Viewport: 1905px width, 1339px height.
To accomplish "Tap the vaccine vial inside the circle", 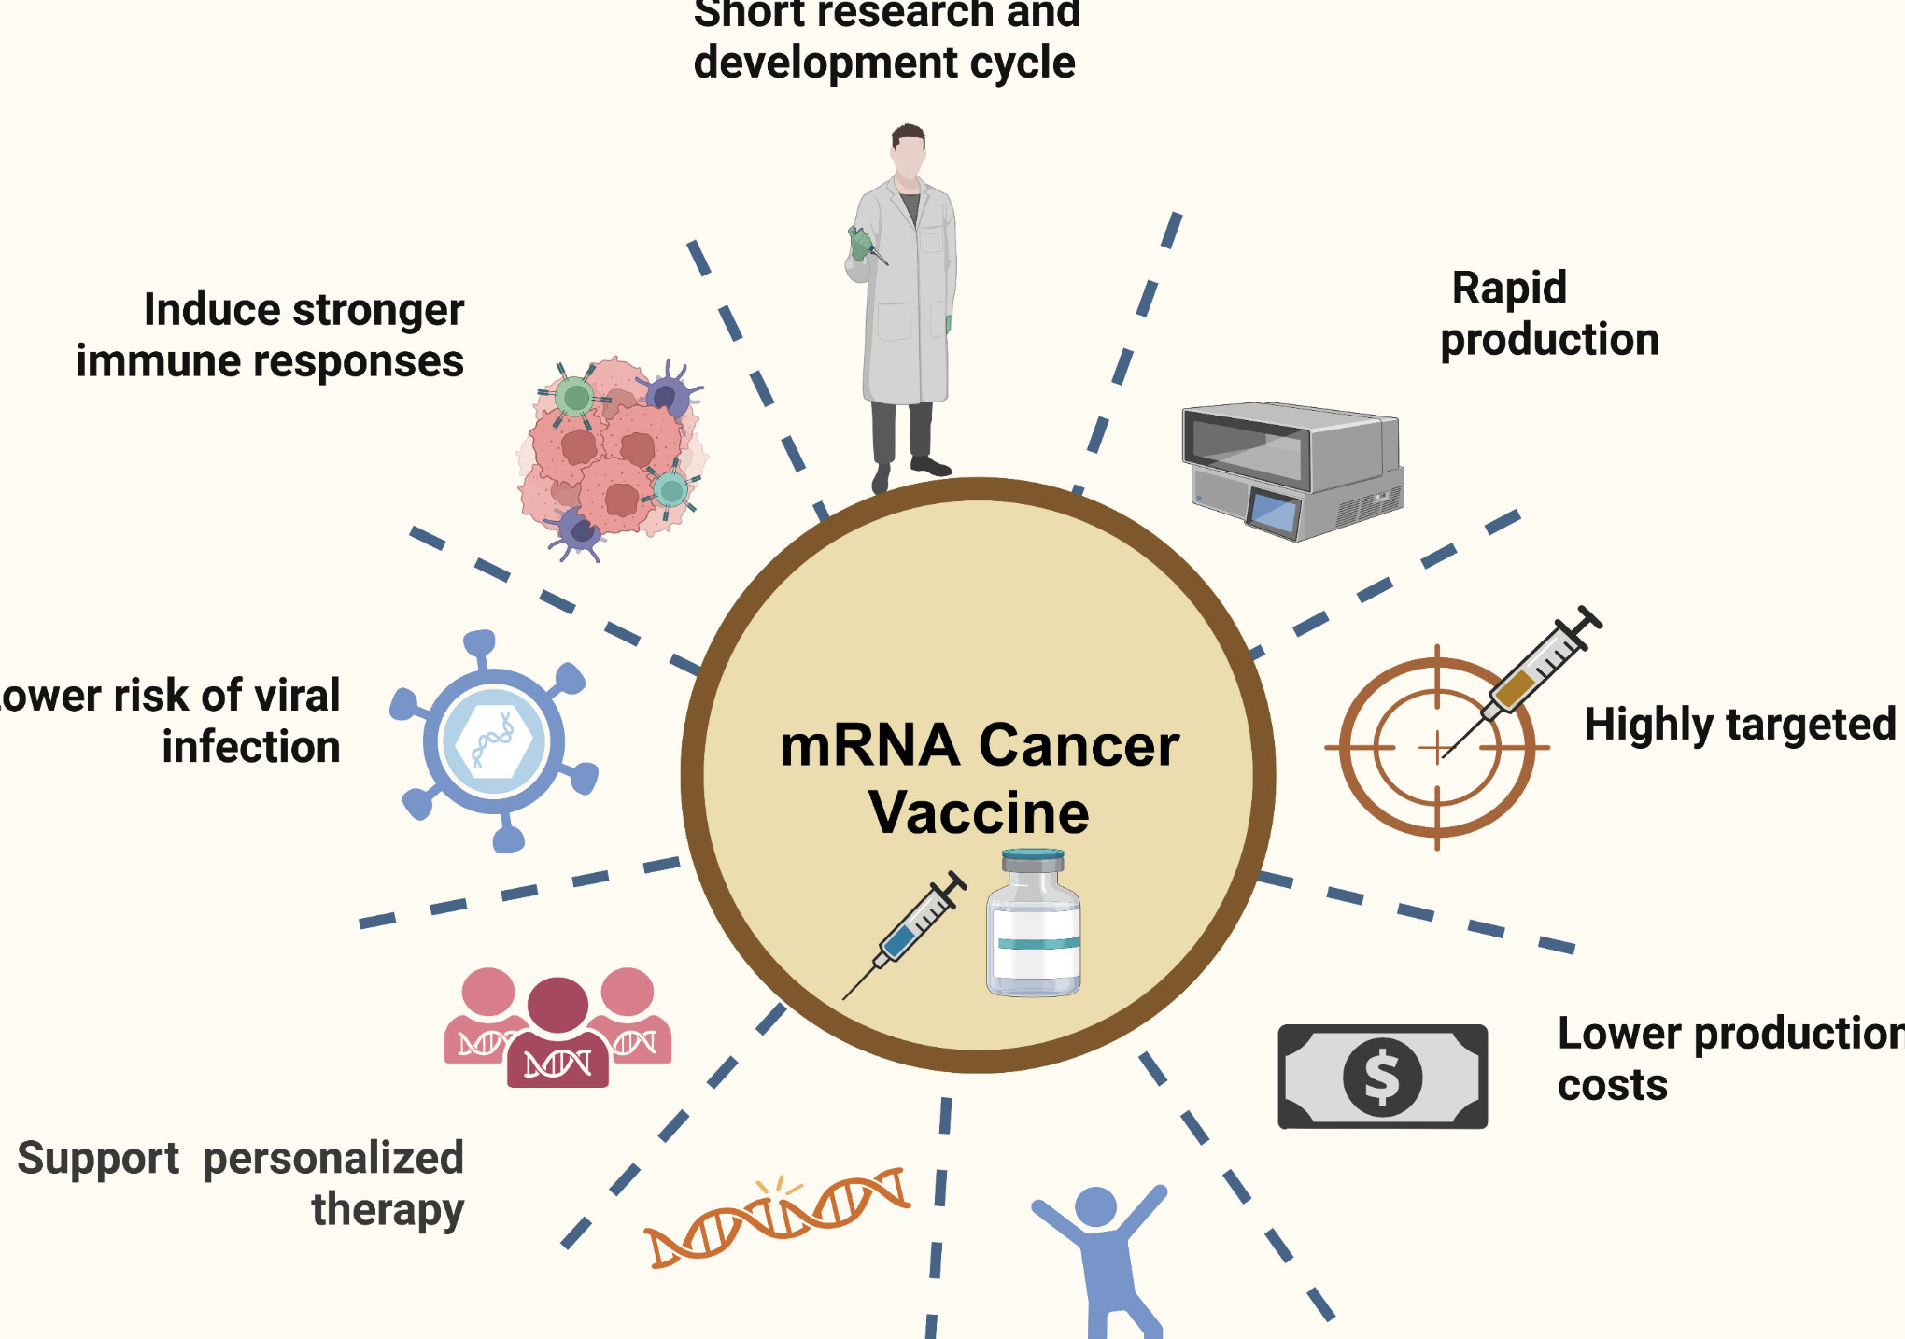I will click(x=1033, y=924).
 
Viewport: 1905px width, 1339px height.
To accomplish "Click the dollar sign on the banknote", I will click(x=1382, y=1077).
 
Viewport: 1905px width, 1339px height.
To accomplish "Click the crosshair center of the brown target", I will click(x=1437, y=747).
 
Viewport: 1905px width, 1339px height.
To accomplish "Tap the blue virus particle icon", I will click(x=494, y=741).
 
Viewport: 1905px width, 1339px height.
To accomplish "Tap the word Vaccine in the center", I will click(x=979, y=812).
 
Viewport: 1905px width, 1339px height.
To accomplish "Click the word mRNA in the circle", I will click(x=869, y=746).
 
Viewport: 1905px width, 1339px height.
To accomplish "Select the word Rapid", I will click(x=1509, y=289).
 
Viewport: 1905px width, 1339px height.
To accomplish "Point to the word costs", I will click(x=1613, y=1086).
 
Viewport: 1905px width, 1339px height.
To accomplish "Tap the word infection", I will click(x=251, y=747).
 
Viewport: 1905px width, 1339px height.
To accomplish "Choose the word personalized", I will click(x=333, y=1159).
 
